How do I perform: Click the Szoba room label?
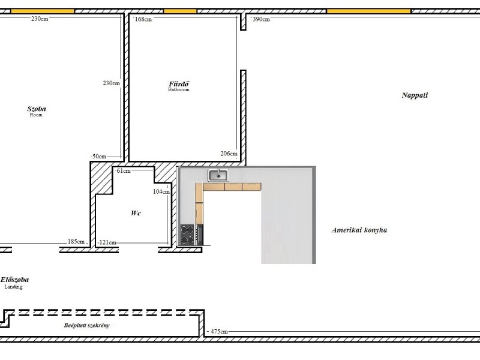pos(37,109)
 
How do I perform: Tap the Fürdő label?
pos(179,83)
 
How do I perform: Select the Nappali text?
pos(415,95)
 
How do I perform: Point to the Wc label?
pos(136,213)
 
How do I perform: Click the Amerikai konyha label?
pos(359,230)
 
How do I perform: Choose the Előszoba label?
pos(14,280)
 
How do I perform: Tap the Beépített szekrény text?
pos(86,325)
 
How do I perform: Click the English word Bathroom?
pos(179,89)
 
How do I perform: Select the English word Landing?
pos(13,287)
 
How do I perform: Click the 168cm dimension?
pos(143,19)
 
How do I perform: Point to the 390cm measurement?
pos(261,19)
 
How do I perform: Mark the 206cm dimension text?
pos(229,154)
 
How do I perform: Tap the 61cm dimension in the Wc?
pos(124,171)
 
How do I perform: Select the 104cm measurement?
pos(161,191)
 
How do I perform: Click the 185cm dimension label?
pos(76,242)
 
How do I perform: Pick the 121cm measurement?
pos(107,242)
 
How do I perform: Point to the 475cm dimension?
pos(219,332)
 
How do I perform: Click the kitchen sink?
pos(218,175)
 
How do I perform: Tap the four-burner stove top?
pos(187,235)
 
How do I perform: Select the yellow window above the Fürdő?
pos(180,11)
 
